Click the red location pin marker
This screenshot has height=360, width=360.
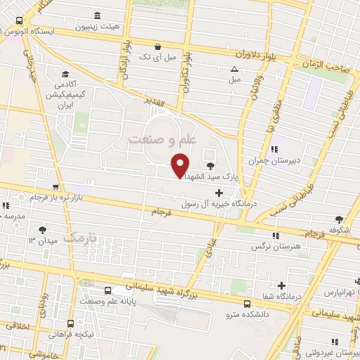pos(181,165)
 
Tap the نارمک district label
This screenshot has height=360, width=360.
pos(79,240)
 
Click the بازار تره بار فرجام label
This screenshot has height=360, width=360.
pos(67,198)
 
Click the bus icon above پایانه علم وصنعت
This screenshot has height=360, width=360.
pos(108,290)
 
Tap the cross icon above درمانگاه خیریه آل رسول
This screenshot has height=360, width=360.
pos(219,191)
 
